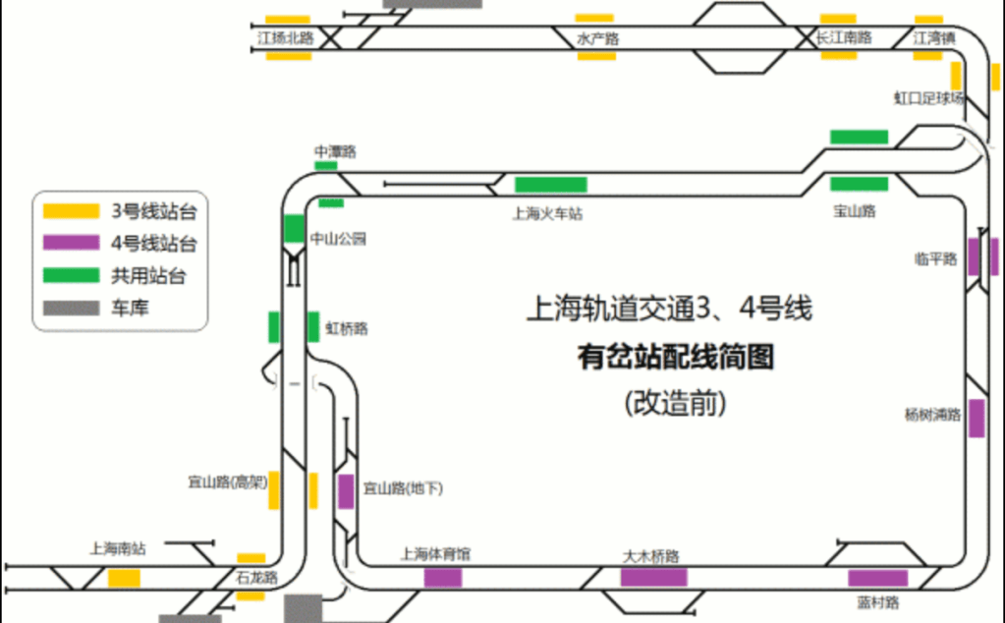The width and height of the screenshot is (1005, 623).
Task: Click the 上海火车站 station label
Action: pos(548,212)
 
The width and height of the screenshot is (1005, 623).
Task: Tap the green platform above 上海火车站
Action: pos(550,184)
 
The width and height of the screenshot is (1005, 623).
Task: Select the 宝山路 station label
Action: pos(854,210)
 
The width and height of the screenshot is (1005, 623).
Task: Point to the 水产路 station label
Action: pos(598,39)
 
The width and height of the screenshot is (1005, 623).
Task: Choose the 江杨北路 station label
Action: pos(285,38)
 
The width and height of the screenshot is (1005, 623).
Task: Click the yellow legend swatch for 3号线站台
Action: pos(71,210)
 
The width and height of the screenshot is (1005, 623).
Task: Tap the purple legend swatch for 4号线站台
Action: pos(71,243)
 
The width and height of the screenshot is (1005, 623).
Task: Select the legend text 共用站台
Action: pos(149,276)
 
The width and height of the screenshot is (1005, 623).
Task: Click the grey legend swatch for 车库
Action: pos(71,308)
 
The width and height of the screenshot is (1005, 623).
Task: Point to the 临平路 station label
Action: pos(934,258)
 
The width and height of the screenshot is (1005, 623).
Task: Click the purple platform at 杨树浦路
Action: pos(977,418)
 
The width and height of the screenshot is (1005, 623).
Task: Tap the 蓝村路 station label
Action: pos(877,601)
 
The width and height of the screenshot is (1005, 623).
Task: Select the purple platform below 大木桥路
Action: pos(653,577)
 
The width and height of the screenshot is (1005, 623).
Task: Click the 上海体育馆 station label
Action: pos(435,553)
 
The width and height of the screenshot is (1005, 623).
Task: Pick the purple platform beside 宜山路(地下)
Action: pos(346,491)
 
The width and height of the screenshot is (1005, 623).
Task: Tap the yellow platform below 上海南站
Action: pos(124,578)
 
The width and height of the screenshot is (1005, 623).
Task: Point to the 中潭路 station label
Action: pos(335,151)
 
